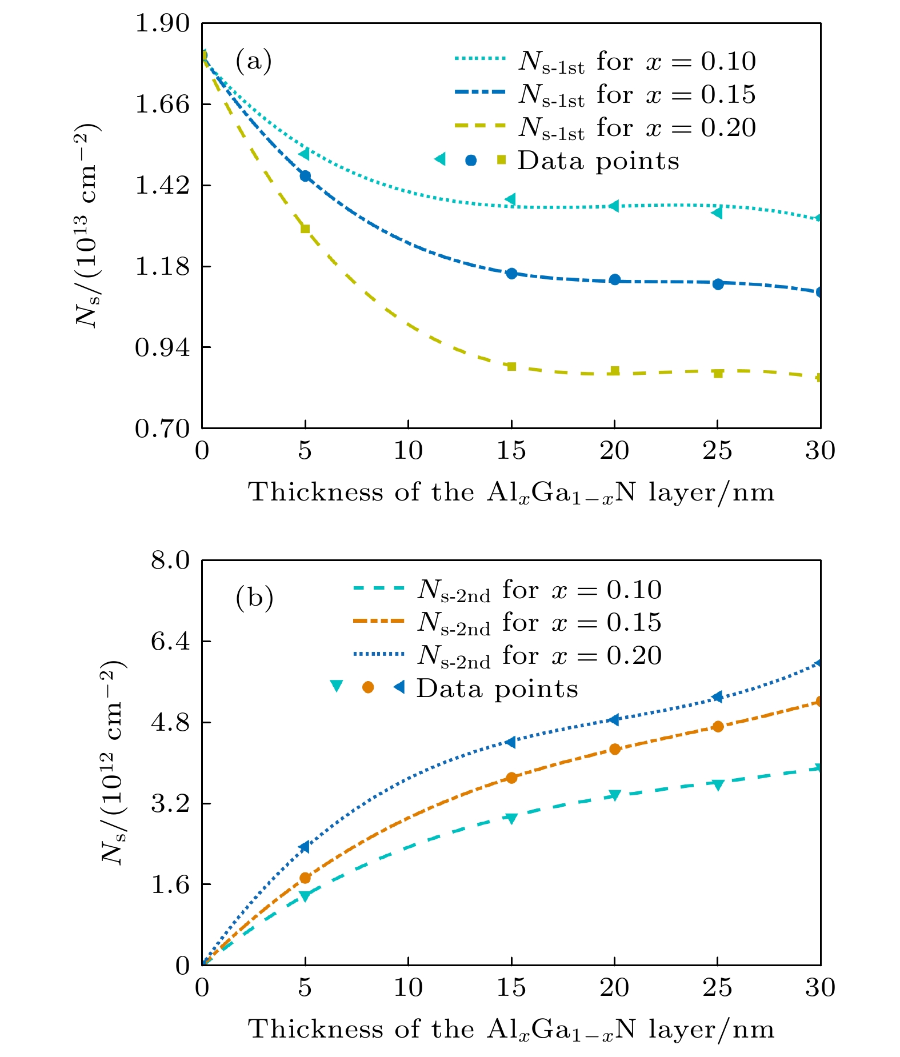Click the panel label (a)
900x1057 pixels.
[253, 61]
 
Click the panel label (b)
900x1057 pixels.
[254, 598]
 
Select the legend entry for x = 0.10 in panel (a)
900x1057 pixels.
[606, 61]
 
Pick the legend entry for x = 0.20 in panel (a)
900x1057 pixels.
[606, 128]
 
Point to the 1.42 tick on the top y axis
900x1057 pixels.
[161, 186]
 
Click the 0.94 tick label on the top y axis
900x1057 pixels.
[161, 347]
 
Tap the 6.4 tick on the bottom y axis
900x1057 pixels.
[170, 642]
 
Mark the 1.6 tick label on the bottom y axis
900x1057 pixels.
[170, 884]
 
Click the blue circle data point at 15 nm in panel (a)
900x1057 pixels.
[511, 274]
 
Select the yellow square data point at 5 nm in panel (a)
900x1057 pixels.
[305, 229]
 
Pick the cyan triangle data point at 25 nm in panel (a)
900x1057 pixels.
[717, 213]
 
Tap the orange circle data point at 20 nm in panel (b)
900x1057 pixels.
[615, 749]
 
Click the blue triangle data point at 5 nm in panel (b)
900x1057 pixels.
[305, 847]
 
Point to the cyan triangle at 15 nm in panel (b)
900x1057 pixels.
[511, 818]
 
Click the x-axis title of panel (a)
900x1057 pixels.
[511, 493]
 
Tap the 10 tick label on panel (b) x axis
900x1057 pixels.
[408, 988]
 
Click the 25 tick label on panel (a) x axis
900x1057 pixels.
[717, 451]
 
